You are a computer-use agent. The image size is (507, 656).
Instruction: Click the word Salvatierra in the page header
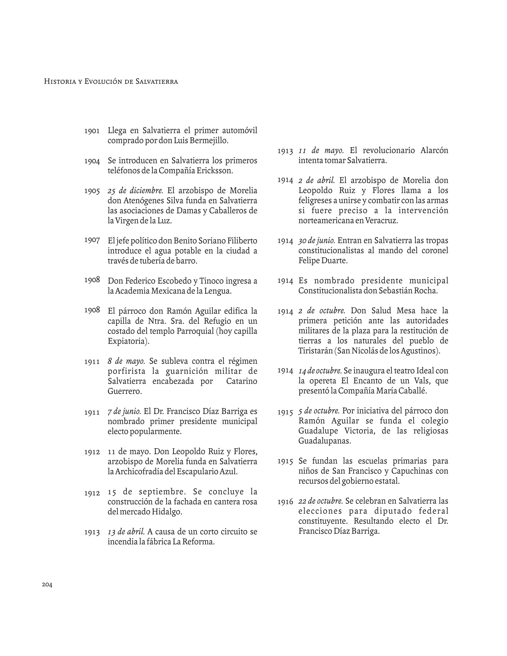tap(156, 81)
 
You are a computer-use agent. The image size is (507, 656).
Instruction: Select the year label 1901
tap(92, 131)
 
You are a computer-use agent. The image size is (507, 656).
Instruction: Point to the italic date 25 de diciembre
tap(135, 191)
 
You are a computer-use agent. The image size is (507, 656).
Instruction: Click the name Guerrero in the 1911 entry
tap(124, 391)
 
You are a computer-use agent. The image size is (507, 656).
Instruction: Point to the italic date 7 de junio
tap(124, 411)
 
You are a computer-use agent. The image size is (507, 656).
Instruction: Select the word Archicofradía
tap(139, 471)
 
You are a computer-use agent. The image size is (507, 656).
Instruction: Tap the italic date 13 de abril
tap(126, 532)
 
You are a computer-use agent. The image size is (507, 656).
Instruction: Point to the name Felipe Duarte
tap(323, 261)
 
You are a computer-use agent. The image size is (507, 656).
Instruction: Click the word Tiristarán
tap(315, 351)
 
